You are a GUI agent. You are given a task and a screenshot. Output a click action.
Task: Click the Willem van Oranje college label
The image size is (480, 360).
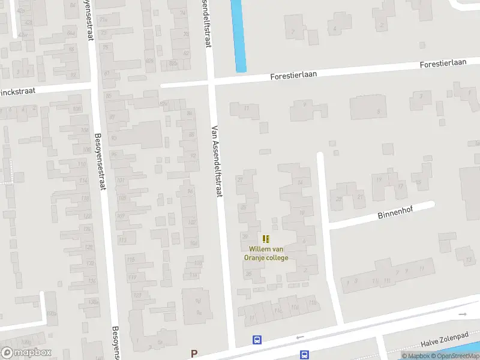tap(266, 253)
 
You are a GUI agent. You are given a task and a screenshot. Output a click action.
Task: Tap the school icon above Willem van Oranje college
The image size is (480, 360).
tap(266, 239)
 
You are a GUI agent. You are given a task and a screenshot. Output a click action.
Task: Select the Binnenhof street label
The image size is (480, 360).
tap(396, 214)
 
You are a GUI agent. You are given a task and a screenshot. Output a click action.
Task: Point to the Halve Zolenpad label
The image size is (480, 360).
tap(443, 341)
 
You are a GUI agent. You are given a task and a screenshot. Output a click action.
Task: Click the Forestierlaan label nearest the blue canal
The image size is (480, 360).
tap(293, 76)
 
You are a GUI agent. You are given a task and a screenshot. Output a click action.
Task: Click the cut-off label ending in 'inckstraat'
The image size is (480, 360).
tap(18, 92)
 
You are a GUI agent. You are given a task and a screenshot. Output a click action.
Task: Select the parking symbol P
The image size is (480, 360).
tap(193, 353)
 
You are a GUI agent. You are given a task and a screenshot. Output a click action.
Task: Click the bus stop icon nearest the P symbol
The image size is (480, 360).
tap(257, 340)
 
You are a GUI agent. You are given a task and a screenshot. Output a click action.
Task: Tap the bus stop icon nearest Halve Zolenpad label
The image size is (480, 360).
tap(304, 354)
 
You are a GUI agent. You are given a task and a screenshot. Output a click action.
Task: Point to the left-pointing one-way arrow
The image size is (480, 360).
tap(300, 337)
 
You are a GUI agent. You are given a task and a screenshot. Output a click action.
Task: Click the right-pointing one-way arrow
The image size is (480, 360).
tap(462, 314)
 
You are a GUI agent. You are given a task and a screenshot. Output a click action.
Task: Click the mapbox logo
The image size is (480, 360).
tap(26, 353)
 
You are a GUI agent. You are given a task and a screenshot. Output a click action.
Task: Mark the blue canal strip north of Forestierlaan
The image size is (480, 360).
tap(238, 36)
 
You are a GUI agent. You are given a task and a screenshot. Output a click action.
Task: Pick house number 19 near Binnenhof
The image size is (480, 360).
tap(378, 179)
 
